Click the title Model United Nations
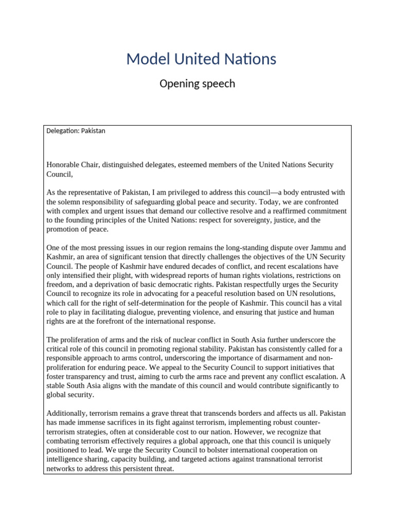click(x=201, y=59)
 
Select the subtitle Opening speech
click(x=197, y=83)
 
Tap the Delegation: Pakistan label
click(x=76, y=131)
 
